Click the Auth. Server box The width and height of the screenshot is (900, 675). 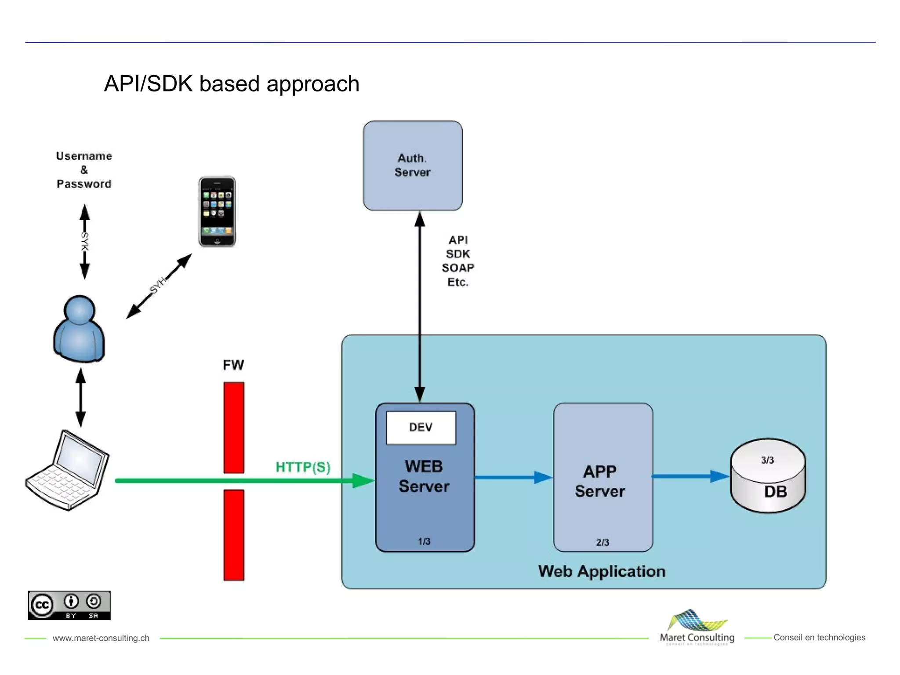tap(413, 166)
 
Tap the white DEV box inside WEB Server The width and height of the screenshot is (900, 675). tap(421, 428)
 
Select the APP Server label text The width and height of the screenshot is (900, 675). tap(600, 481)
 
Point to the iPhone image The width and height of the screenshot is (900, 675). tap(217, 212)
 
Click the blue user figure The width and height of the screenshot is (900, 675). tap(79, 329)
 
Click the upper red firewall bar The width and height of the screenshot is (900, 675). tap(233, 428)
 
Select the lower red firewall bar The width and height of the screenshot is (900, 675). tap(233, 535)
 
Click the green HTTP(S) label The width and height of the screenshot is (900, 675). tap(303, 467)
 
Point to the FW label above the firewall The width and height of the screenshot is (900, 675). tap(233, 365)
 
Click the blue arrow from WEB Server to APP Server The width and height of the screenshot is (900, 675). tap(513, 477)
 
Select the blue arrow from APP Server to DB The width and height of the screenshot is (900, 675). tap(690, 476)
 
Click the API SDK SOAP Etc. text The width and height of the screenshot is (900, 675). tap(458, 261)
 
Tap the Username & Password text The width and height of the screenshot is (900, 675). tap(84, 170)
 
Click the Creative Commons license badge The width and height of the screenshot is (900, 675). tap(69, 606)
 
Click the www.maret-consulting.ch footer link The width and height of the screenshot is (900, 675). tap(101, 638)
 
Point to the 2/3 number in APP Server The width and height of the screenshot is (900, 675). tap(602, 542)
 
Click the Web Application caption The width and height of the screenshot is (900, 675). tap(602, 571)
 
